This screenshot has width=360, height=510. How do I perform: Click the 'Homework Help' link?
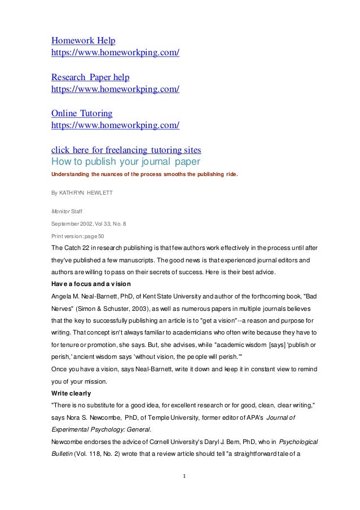point(84,41)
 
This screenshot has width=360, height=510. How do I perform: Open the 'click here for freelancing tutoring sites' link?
point(126,150)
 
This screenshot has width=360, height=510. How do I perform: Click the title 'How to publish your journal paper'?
point(124,161)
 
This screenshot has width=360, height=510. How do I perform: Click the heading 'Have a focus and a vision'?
point(91,283)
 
